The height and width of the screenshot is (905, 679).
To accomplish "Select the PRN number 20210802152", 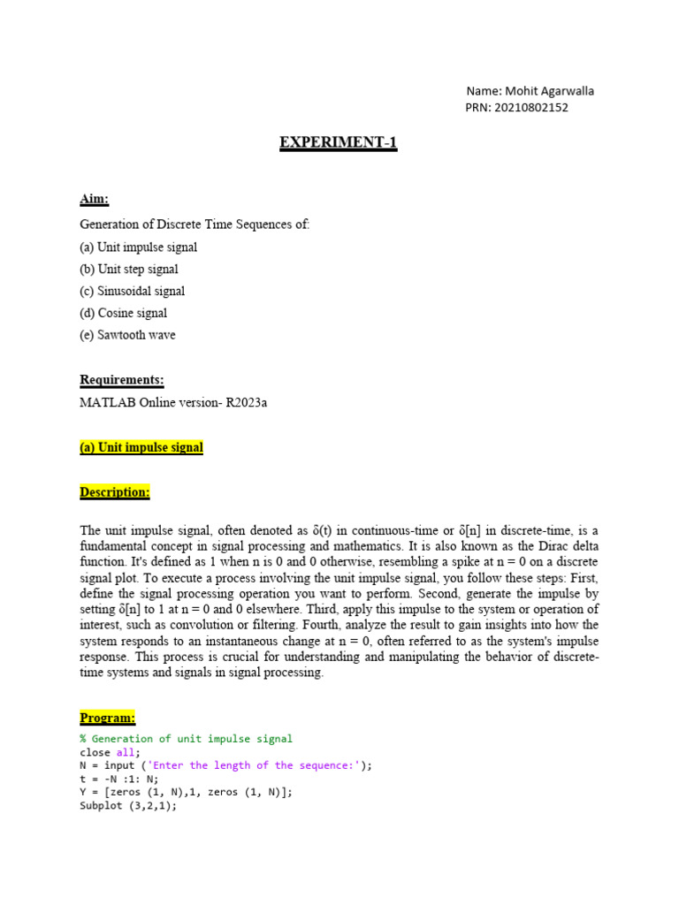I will pos(533,108).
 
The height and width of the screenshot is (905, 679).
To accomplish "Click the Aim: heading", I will pos(95,202).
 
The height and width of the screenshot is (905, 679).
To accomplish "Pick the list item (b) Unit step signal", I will pos(129,269).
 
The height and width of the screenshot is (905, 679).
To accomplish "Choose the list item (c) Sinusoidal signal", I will pos(133,291).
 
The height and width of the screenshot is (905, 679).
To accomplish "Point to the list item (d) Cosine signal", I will pos(124,313).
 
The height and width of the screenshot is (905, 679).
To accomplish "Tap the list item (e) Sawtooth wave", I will pos(127,335).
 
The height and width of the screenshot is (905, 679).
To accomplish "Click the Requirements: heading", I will pos(122,380).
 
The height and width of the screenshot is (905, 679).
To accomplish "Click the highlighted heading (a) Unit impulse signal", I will pos(141,447).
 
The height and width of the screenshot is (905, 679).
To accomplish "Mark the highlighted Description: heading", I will pos(115,491).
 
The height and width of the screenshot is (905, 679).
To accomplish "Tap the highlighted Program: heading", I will pos(108,717).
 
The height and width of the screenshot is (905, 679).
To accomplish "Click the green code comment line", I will pos(186,739).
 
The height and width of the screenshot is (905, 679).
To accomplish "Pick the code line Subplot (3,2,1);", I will pos(128,806).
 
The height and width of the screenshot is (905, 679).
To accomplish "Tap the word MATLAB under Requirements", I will pos(104,403).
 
